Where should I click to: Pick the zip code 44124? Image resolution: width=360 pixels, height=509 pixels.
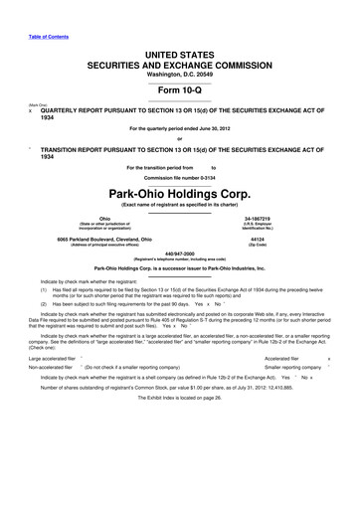click(x=285, y=241)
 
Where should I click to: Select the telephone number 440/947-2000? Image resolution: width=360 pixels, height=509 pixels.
click(x=179, y=254)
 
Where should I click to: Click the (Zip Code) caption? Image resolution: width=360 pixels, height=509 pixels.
click(x=285, y=248)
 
